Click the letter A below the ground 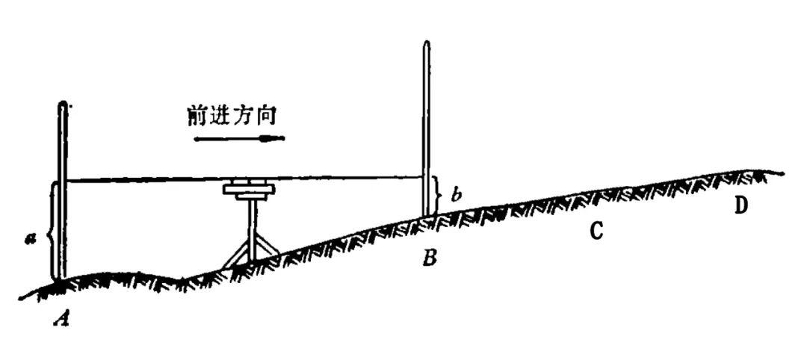(64, 320)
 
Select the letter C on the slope (596, 232)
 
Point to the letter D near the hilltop (740, 205)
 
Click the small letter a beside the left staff (29, 237)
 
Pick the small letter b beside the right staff (457, 196)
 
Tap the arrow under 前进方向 (239, 138)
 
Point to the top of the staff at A (63, 105)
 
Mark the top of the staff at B (426, 43)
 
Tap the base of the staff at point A (61, 279)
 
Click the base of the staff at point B (427, 215)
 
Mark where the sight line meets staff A (65, 180)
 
